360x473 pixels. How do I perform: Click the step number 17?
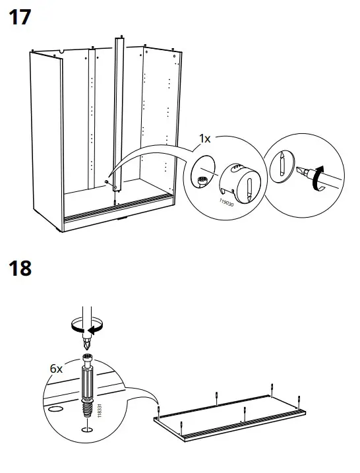coord(19,18)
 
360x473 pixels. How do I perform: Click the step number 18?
coord(19,268)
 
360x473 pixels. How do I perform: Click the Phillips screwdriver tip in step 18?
coord(86,345)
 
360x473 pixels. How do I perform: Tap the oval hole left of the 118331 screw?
coord(57,410)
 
